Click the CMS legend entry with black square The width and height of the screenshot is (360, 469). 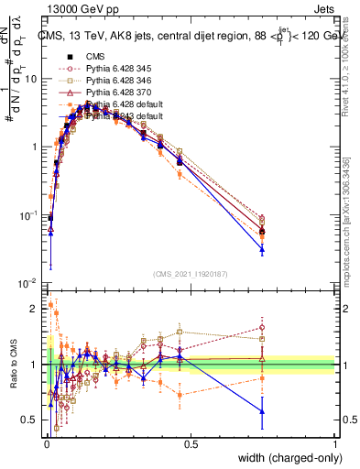pyautogui.click(x=96, y=56)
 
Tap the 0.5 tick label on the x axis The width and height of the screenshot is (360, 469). pyautogui.click(x=191, y=443)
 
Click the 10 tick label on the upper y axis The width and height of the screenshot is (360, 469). pyautogui.click(x=31, y=79)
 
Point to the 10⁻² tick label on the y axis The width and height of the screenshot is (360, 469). pyautogui.click(x=28, y=283)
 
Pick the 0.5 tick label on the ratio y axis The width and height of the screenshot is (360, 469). pyautogui.click(x=29, y=420)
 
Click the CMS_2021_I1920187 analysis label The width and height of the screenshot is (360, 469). pyautogui.click(x=191, y=272)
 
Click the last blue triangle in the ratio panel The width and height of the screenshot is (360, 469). pyautogui.click(x=262, y=411)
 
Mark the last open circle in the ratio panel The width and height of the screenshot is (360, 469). pyautogui.click(x=262, y=327)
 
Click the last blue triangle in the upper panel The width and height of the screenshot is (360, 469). pyautogui.click(x=262, y=248)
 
